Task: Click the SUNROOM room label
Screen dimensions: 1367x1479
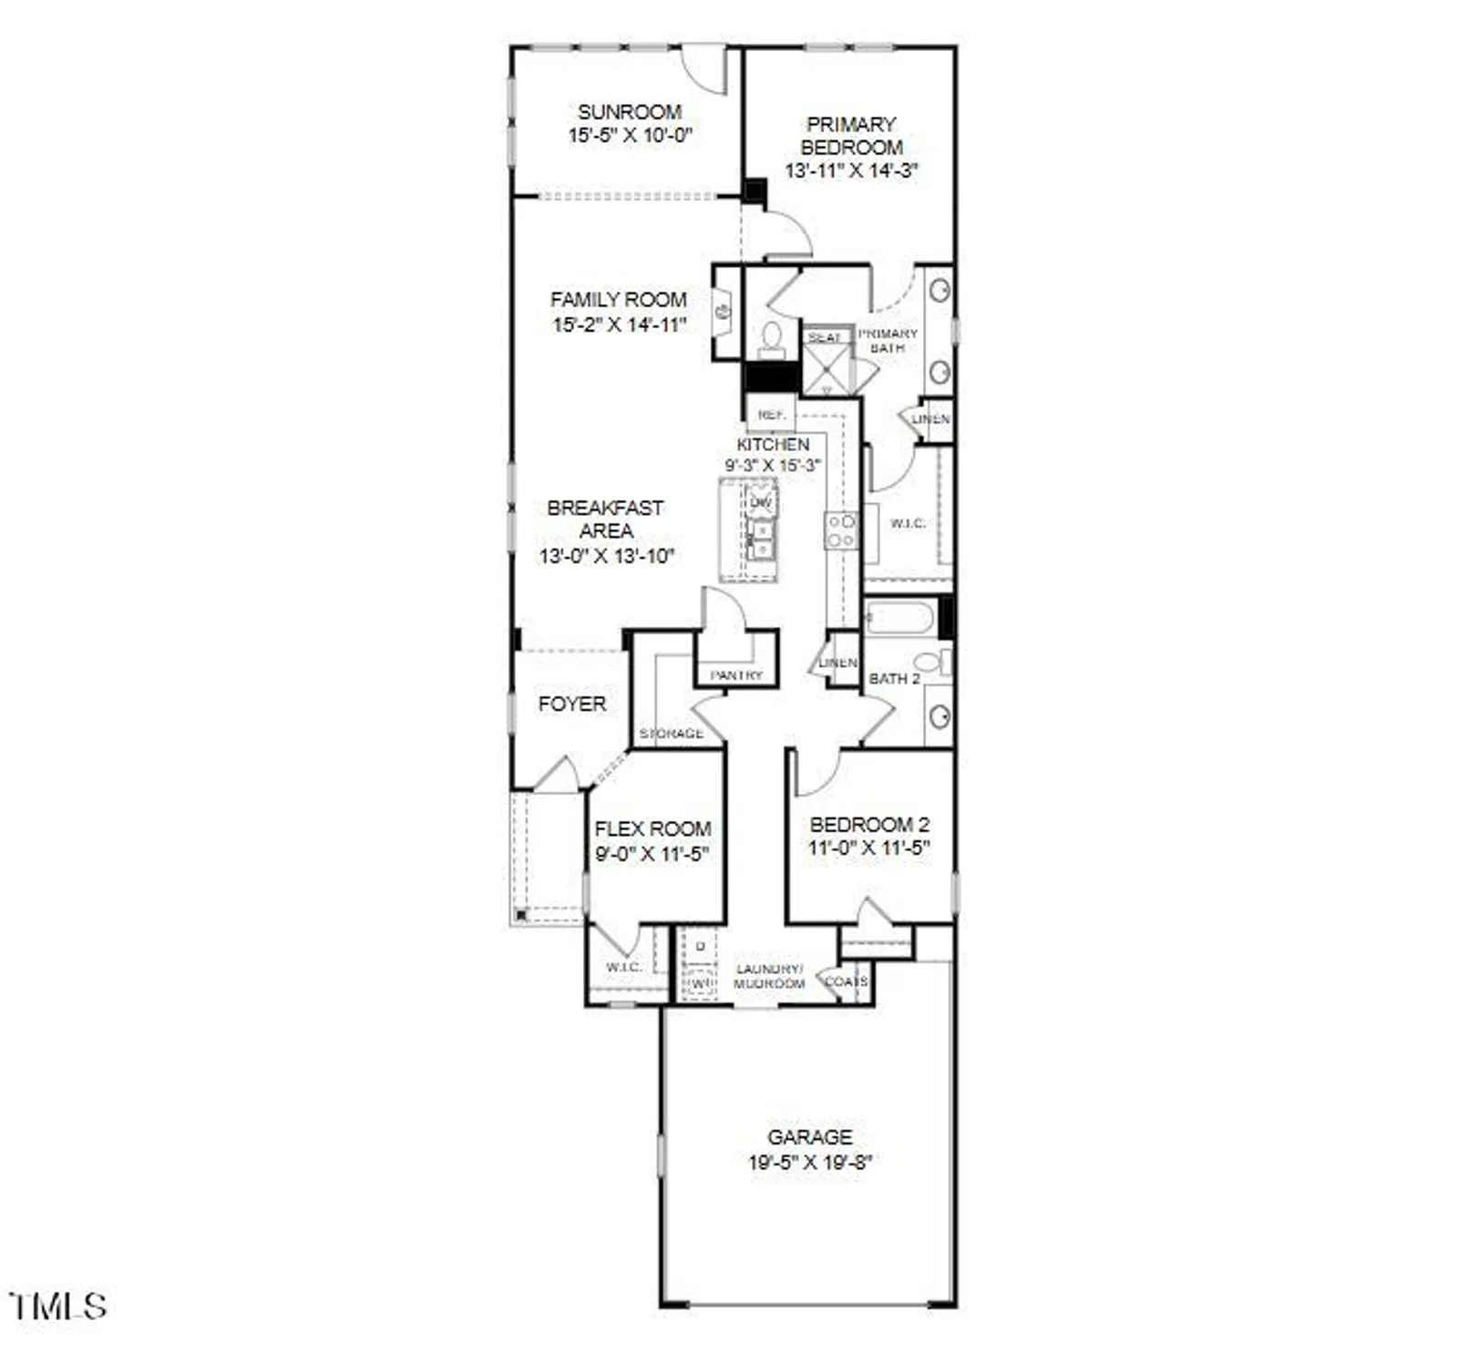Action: pos(630,112)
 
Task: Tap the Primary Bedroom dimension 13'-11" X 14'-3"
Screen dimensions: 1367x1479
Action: pos(851,170)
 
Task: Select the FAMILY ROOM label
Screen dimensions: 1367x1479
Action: pos(618,299)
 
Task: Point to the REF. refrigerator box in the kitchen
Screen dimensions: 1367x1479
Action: pos(771,415)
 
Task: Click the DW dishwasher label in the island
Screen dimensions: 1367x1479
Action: pos(761,502)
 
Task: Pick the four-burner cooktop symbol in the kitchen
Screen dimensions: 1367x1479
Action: pos(840,530)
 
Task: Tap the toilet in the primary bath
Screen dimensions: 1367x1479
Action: pos(772,338)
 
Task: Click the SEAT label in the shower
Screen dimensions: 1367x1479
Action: pos(825,337)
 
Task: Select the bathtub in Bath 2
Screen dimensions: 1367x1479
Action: pos(899,619)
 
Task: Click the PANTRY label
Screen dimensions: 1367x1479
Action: pos(736,675)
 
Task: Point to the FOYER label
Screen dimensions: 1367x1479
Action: pos(571,704)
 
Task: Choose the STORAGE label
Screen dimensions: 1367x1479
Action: pos(672,734)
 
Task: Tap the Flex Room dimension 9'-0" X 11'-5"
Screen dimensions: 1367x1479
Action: pos(652,855)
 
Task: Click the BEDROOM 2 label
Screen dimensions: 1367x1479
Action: pos(869,825)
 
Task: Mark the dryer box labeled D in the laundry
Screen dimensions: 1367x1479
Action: pos(700,947)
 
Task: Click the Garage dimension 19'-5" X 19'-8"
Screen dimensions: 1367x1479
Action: pos(810,1163)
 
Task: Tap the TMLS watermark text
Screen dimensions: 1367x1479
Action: pos(58,1307)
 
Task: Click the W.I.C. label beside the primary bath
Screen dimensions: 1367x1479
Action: pos(908,523)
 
